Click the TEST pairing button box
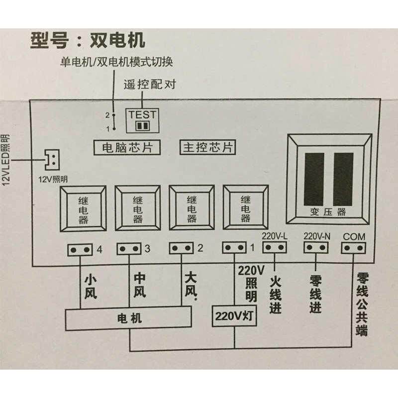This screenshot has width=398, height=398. (143, 120)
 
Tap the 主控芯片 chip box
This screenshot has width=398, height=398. (207, 148)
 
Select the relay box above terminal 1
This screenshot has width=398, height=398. (245, 208)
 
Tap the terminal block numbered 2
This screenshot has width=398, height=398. (181, 248)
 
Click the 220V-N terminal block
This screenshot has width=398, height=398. (315, 247)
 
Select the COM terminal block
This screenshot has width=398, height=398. (354, 247)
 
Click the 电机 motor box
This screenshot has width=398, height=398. (129, 319)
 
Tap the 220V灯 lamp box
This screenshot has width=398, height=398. (234, 315)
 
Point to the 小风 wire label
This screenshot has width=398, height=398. (91, 287)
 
